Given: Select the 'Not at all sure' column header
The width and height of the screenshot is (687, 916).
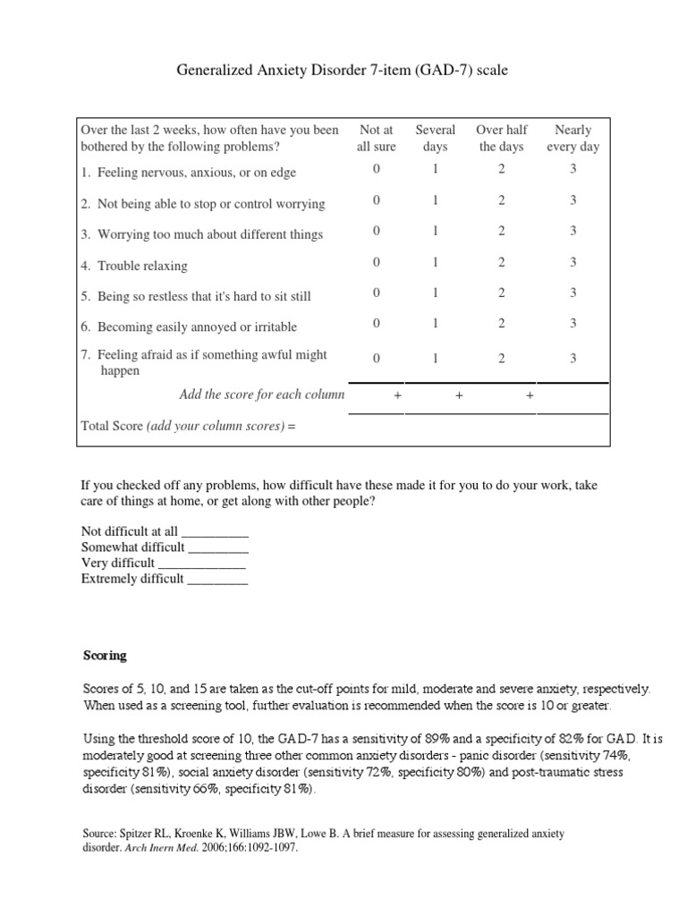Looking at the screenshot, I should click(376, 139).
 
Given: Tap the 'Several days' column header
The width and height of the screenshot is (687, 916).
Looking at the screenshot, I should click(436, 139).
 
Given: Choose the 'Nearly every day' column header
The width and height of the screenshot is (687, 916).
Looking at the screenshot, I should click(573, 139).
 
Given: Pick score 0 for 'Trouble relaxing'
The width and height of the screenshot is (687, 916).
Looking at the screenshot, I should click(377, 262).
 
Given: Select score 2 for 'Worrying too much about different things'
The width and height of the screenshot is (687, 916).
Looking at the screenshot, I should click(502, 231).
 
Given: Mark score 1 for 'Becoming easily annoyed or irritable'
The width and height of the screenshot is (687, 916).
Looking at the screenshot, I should click(436, 323).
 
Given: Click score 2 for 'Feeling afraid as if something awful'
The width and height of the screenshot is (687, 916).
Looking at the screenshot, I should click(502, 359).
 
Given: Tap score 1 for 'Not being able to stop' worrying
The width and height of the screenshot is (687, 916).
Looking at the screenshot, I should click(436, 200).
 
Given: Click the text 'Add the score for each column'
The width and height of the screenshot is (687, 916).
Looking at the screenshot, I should click(262, 394).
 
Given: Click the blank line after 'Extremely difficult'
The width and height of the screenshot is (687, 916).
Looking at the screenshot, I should click(217, 580).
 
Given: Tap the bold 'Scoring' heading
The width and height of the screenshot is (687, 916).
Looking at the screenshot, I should click(104, 656).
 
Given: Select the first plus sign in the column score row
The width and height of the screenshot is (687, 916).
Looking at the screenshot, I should click(397, 395).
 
